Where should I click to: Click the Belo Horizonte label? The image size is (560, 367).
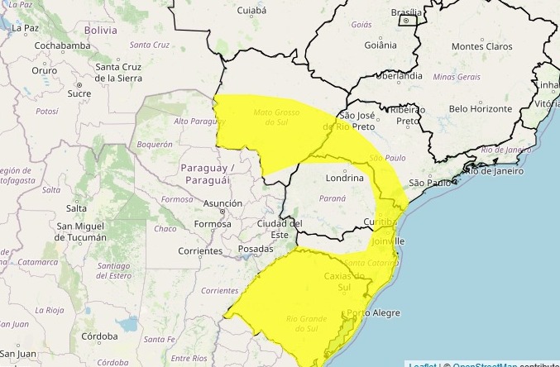pos(481,108)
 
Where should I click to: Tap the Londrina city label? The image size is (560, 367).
pos(345,178)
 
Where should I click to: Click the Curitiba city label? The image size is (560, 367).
pos(383,222)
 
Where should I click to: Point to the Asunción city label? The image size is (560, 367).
pos(223,203)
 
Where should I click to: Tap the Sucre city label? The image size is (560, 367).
pos(79,93)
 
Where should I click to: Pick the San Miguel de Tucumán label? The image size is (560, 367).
pos(81,231)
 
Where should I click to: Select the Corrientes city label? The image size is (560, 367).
pos(199,250)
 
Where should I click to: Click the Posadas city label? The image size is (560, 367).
pos(255,248)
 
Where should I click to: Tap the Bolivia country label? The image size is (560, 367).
pos(101,29)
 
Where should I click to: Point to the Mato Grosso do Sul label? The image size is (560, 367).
pos(274,117)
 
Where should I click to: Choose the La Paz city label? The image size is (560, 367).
pos(25,27)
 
